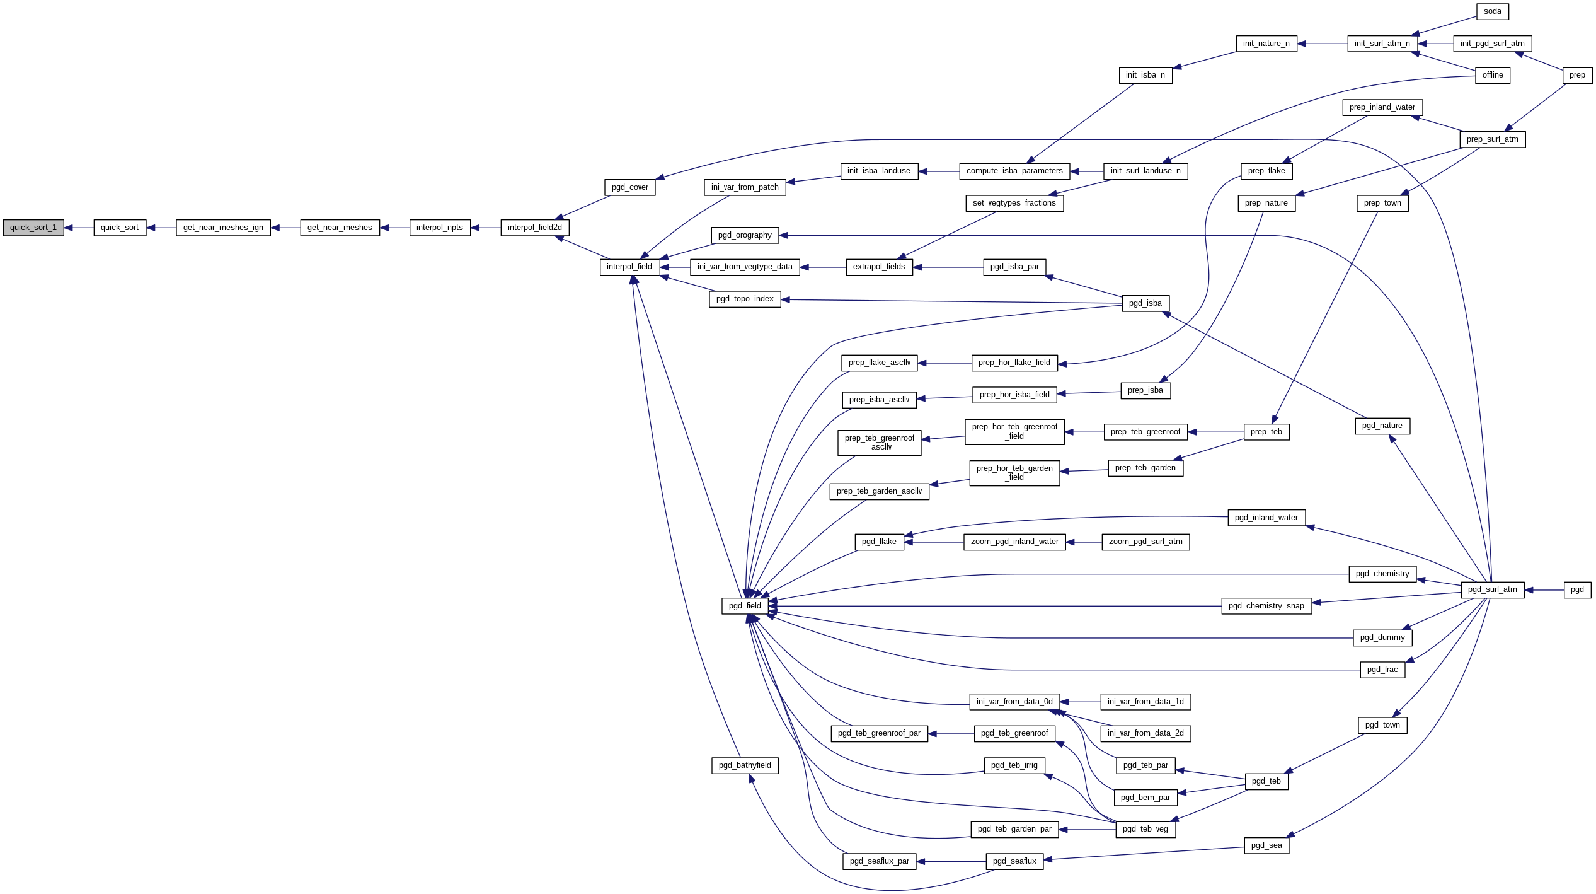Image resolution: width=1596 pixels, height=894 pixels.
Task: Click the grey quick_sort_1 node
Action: tap(33, 228)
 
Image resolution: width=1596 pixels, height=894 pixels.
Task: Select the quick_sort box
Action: tap(120, 228)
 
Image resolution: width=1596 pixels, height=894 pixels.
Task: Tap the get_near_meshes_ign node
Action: tap(223, 228)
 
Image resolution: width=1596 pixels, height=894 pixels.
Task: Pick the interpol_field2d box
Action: tap(534, 228)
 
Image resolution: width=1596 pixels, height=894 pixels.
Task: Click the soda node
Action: tap(1492, 11)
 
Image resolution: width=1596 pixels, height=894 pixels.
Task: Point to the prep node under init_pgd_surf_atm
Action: tap(1577, 75)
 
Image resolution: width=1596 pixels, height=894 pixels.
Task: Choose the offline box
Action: tap(1492, 75)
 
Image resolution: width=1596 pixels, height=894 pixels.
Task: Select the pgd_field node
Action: tap(745, 606)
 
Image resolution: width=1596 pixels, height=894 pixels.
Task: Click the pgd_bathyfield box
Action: tap(745, 765)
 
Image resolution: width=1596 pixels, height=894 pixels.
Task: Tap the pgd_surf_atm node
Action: tap(1492, 589)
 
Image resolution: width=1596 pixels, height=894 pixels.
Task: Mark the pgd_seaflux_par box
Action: tap(879, 861)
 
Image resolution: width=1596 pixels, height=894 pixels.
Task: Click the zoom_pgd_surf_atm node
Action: tap(1145, 542)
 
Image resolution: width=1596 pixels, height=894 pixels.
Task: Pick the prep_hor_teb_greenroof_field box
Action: tap(1014, 432)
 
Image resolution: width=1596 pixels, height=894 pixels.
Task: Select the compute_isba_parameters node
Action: tap(1014, 171)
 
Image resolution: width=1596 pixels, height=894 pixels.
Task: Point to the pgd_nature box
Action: tap(1382, 426)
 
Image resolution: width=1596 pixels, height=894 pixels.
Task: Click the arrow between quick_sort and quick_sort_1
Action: tap(79, 228)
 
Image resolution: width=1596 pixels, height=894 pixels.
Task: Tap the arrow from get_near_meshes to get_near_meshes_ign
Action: tap(285, 228)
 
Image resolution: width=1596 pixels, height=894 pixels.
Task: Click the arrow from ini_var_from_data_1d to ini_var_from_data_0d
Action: tap(1080, 702)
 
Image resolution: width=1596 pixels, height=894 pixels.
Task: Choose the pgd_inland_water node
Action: tap(1266, 518)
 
